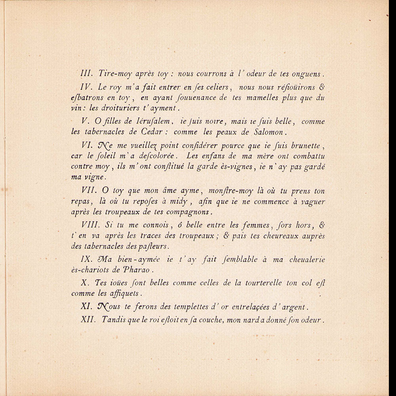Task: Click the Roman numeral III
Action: point(85,74)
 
